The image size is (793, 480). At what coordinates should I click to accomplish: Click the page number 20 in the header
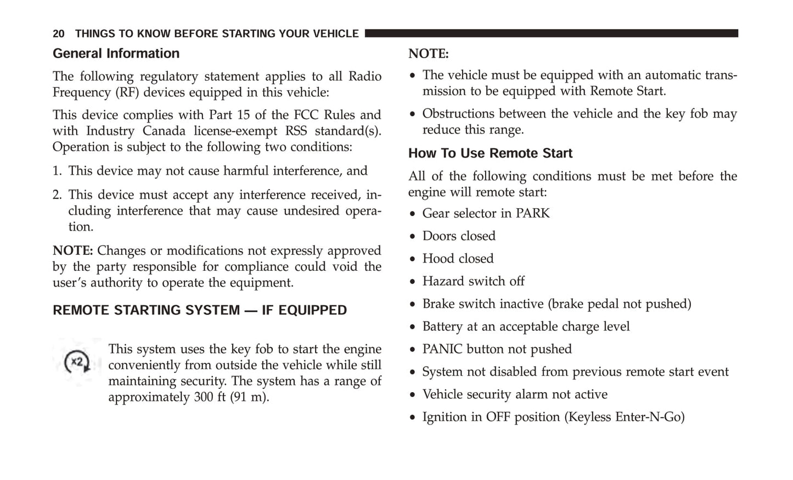58,34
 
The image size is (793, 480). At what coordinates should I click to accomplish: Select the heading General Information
116,53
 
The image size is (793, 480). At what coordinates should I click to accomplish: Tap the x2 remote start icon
77,362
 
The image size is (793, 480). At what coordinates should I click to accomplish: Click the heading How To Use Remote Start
490,153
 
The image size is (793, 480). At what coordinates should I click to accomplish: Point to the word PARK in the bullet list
532,213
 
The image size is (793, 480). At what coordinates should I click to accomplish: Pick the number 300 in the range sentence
203,397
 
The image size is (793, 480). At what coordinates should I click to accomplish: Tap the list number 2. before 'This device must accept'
58,195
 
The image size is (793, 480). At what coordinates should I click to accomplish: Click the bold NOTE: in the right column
428,54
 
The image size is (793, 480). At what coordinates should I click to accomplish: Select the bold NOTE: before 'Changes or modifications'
72,251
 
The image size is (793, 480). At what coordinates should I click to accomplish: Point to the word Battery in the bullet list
442,327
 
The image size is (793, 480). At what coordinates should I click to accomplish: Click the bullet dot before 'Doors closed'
413,237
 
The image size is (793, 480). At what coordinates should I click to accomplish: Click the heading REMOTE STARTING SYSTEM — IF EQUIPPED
200,310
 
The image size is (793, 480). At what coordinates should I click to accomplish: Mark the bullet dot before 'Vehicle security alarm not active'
413,395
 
